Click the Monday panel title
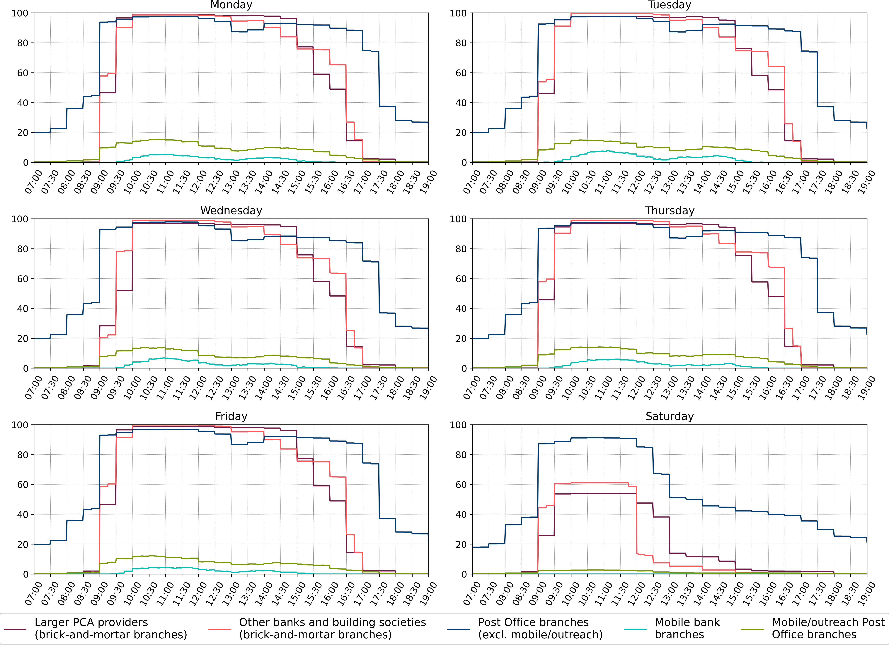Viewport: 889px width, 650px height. tap(231, 5)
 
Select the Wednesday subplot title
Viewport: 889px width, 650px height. tap(231, 211)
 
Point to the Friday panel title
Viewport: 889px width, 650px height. tap(231, 416)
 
